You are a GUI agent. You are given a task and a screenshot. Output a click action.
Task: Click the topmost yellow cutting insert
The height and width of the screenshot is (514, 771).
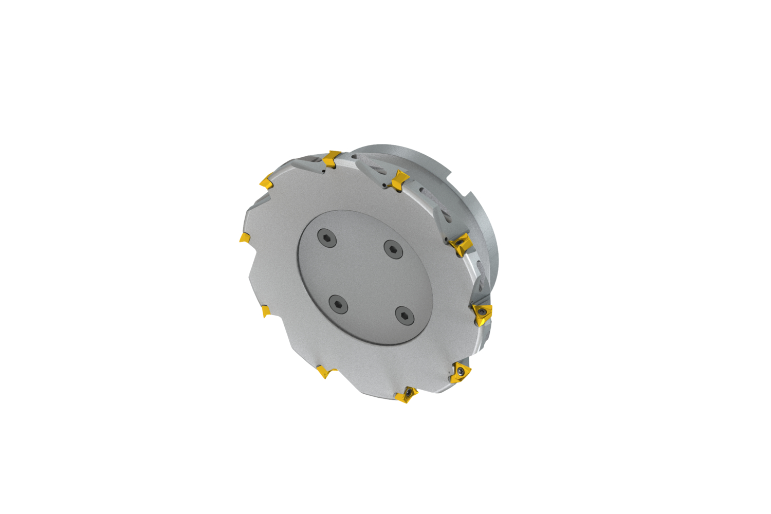(332, 158)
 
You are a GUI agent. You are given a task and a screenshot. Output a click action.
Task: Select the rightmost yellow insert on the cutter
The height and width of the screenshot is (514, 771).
(483, 313)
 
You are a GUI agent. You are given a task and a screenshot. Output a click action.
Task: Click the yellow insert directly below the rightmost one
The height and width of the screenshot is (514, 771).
(461, 372)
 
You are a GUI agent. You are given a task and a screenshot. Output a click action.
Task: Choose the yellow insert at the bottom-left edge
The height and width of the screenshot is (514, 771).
(325, 371)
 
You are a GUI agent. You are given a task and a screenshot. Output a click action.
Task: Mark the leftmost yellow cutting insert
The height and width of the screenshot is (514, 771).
(245, 237)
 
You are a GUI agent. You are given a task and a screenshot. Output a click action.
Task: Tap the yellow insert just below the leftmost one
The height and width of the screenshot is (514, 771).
(265, 310)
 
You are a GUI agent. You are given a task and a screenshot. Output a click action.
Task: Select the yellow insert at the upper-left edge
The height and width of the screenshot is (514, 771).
(266, 181)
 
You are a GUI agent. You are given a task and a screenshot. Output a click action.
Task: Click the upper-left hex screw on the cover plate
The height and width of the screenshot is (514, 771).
(326, 237)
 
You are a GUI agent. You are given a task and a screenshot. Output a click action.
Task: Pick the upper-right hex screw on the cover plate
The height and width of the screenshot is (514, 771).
(393, 249)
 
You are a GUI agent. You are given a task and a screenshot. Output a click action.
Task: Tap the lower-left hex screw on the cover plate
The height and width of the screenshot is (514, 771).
(338, 304)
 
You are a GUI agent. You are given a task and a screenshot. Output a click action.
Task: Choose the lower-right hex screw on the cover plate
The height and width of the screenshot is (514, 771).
(405, 316)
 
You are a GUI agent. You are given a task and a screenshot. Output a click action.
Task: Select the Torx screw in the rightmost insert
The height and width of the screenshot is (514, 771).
(482, 311)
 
